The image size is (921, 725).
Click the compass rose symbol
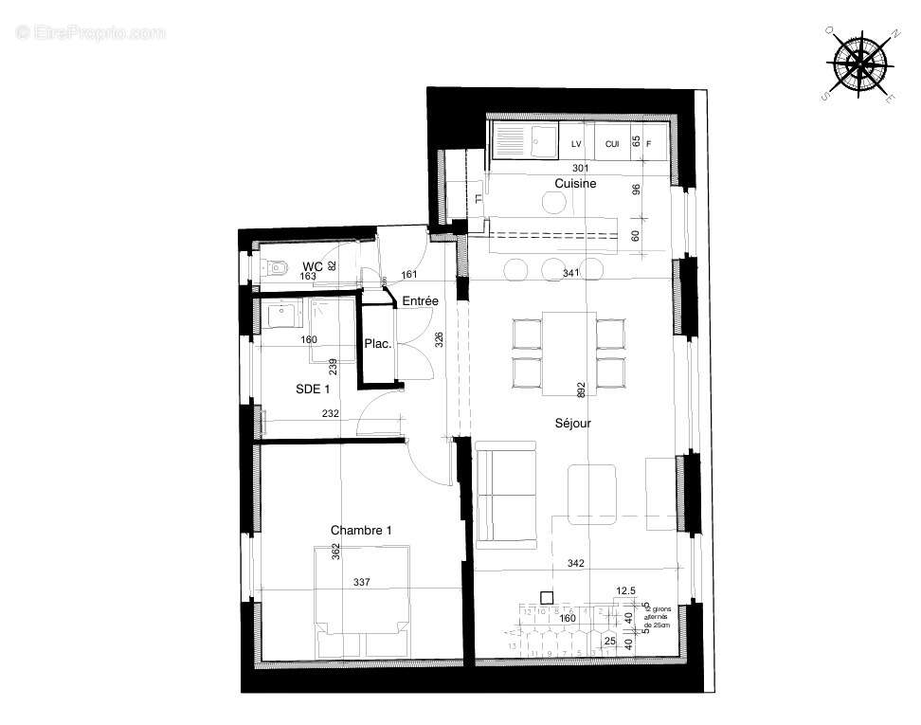pos(860,64)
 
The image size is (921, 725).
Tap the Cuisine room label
pos(575,184)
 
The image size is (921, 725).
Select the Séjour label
pos(573,424)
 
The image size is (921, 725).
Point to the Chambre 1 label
pos(361,531)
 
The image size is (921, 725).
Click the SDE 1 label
pos(314,389)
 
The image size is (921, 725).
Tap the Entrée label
pos(420,301)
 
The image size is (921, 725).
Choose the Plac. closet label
pos(379,344)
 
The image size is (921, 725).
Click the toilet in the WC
pos(274,268)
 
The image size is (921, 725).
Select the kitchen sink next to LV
pos(544,142)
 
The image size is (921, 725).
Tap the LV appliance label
pos(575,144)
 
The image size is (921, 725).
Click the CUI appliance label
pos(612,144)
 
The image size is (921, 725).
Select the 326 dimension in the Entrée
pos(439,339)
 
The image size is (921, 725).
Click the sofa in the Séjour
pos(506,498)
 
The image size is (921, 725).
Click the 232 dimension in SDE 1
pos(330,413)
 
